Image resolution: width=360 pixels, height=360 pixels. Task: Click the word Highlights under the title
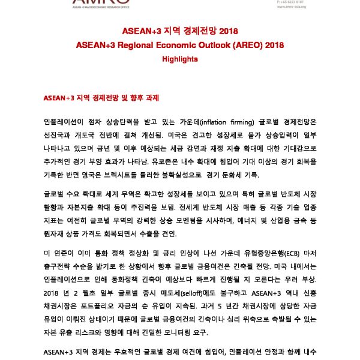point(179,59)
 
